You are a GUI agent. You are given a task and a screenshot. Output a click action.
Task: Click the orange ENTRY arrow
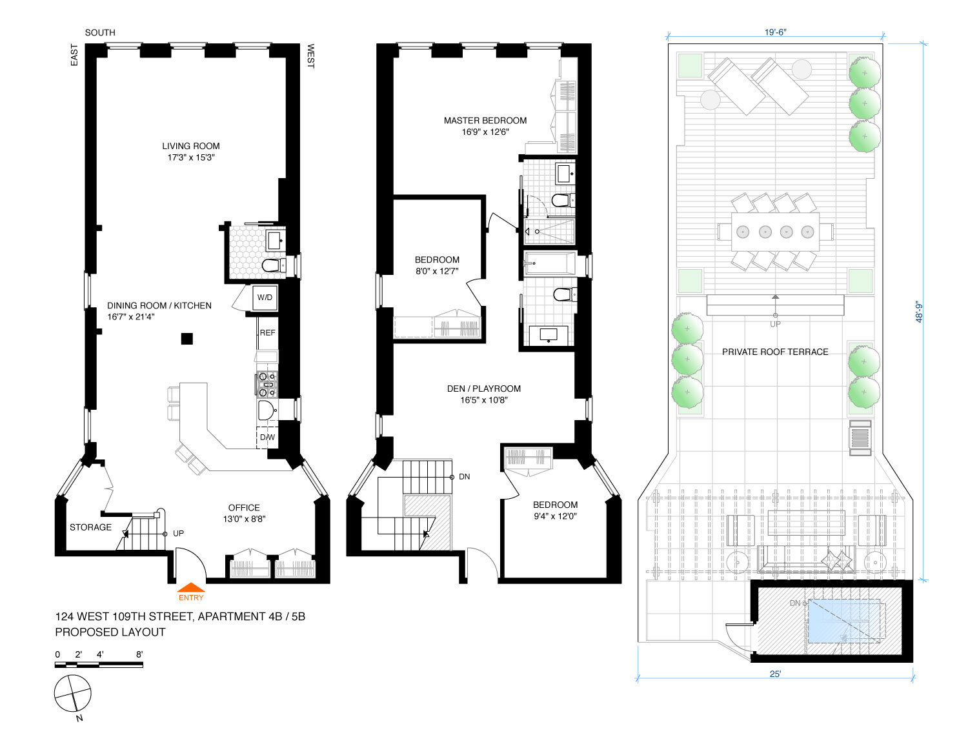pyautogui.click(x=190, y=587)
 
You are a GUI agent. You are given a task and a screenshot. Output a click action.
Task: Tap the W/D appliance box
pyautogui.click(x=265, y=297)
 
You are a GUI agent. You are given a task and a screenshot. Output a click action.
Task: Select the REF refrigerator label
pyautogui.click(x=268, y=333)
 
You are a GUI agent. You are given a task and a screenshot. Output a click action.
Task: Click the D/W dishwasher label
pyautogui.click(x=267, y=438)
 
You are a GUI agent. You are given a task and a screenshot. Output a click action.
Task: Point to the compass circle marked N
pyautogui.click(x=73, y=693)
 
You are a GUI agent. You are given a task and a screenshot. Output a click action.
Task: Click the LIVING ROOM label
pyautogui.click(x=190, y=146)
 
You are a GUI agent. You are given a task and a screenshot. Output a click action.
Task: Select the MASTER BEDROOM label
pyautogui.click(x=485, y=121)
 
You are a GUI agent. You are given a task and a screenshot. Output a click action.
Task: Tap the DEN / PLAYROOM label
pyautogui.click(x=484, y=389)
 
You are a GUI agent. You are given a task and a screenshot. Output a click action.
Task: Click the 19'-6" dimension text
pyautogui.click(x=775, y=32)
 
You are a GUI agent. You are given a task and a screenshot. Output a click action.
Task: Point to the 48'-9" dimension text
pyautogui.click(x=919, y=311)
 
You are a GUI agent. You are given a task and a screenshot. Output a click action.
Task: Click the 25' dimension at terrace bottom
pyautogui.click(x=775, y=674)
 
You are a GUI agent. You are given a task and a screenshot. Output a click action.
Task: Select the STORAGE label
pyautogui.click(x=90, y=527)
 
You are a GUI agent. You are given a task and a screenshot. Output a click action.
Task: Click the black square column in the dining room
pyautogui.click(x=187, y=339)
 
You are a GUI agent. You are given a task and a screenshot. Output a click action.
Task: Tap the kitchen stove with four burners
pyautogui.click(x=267, y=384)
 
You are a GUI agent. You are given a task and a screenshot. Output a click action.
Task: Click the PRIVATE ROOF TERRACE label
pyautogui.click(x=775, y=352)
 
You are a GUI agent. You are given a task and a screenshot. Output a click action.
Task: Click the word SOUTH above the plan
pyautogui.click(x=100, y=32)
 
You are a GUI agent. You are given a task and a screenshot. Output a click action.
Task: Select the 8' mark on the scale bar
pyautogui.click(x=139, y=654)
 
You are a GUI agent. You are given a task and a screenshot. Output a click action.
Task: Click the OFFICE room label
pyautogui.click(x=244, y=508)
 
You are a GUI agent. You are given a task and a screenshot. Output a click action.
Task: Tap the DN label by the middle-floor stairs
pyautogui.click(x=464, y=476)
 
